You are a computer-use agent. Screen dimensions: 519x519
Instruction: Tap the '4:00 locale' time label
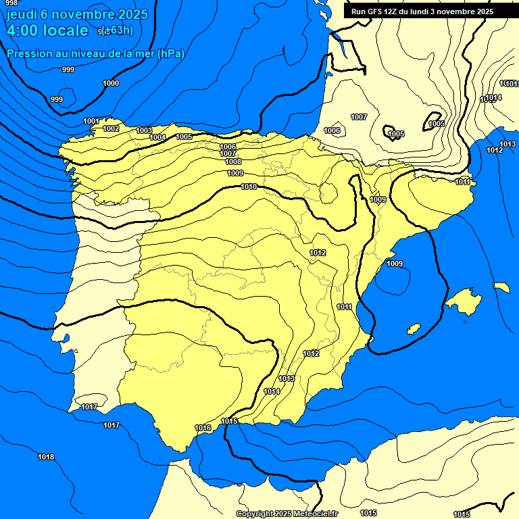coord(47,30)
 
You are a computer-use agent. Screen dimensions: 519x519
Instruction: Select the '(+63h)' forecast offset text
coord(116,30)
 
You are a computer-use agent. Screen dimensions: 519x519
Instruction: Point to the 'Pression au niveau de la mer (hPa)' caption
coord(95,53)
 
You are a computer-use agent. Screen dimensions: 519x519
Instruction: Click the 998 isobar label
coord(11,3)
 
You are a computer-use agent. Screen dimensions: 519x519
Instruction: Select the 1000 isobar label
coord(111,83)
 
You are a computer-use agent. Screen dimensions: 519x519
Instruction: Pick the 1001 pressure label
coord(91,121)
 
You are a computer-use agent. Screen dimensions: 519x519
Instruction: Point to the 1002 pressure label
coord(111,128)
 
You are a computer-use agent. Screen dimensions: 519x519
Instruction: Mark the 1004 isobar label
coord(157,137)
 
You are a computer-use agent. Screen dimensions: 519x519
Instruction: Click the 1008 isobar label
coord(233,162)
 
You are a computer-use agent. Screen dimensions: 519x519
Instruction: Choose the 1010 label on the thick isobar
coord(249,187)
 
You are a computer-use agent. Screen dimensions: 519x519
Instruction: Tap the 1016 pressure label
coord(203,428)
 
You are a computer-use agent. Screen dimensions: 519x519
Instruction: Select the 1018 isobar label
coord(46,457)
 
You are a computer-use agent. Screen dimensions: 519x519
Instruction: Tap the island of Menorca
coord(501,287)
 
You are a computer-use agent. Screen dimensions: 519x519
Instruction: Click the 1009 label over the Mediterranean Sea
coord(395,264)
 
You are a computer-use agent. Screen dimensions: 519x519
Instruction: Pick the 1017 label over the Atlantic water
coord(112,425)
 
